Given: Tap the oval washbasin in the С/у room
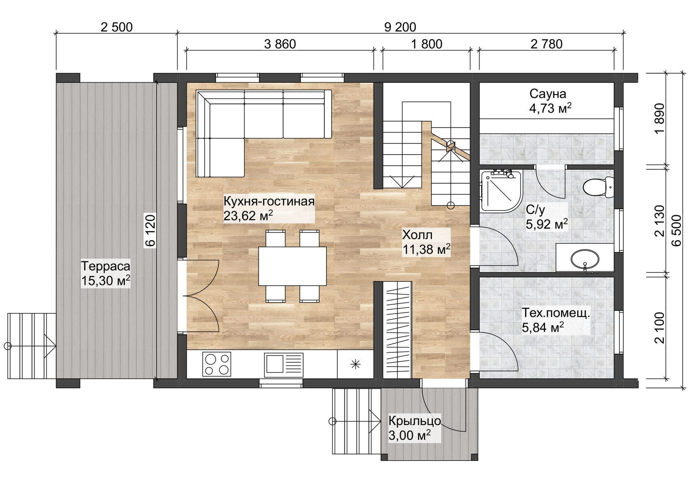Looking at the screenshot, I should point(584,259).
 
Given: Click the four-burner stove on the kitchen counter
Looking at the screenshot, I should point(216,364).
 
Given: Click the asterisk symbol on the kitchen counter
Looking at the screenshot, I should point(355,364).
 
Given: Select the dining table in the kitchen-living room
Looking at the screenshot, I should point(292,266).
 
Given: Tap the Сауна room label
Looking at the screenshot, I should point(547,94).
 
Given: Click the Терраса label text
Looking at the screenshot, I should point(106,266).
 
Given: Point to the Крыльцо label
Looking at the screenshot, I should point(415,421).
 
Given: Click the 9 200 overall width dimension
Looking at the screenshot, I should point(400,27).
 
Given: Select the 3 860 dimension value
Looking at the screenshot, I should point(280,44).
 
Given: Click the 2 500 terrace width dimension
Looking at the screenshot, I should point(116,27).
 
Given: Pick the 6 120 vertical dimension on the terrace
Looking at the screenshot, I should point(151,230).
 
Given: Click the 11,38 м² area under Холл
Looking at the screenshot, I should point(426,249).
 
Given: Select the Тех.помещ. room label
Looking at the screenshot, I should point(556,313).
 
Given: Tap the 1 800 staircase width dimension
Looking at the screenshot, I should point(427,44).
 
